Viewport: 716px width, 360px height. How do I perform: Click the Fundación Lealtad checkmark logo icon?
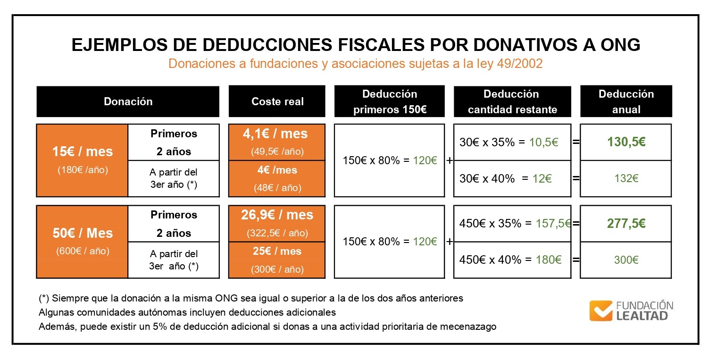(600, 310)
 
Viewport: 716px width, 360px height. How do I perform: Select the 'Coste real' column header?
(277, 101)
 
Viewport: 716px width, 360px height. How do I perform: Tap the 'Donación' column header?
(128, 101)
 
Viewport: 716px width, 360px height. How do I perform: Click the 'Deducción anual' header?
(626, 101)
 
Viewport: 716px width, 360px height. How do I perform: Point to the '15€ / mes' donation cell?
(83, 151)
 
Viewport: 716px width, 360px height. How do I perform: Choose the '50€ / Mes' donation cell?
(83, 233)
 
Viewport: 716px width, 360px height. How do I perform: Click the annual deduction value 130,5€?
(626, 142)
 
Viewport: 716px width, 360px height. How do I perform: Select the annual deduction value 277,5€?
(626, 223)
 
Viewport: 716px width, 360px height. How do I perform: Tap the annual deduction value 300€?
(626, 260)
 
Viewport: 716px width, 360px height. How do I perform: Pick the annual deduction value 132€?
(626, 178)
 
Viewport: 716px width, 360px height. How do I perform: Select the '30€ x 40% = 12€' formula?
(506, 178)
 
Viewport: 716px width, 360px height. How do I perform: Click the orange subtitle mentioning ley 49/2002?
(356, 64)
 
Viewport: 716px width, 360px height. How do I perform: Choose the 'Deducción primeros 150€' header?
(390, 101)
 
